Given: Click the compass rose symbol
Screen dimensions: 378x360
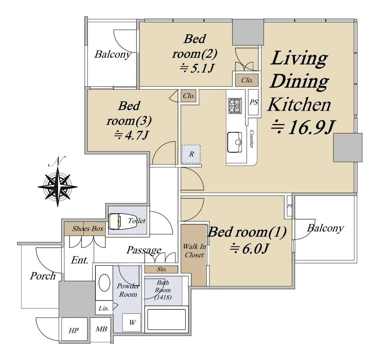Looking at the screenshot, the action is click(x=58, y=186).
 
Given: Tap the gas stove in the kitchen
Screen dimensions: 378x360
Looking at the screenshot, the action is click(x=235, y=106).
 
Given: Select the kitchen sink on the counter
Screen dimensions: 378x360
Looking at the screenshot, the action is click(x=235, y=142).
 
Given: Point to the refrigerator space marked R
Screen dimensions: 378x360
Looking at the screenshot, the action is click(x=191, y=154).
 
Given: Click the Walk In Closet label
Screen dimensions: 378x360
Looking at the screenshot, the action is click(x=194, y=251).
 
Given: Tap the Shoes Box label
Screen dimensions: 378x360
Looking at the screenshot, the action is click(x=88, y=228).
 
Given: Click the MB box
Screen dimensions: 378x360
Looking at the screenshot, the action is click(x=101, y=329).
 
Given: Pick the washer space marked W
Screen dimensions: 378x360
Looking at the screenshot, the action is click(x=131, y=322).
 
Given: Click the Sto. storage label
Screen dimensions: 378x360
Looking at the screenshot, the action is click(x=162, y=269).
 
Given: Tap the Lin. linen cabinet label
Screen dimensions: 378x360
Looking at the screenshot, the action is click(x=104, y=308).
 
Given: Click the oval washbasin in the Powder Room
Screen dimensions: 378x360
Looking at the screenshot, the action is click(x=104, y=283).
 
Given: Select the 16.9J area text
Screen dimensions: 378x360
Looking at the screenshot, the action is click(x=303, y=127).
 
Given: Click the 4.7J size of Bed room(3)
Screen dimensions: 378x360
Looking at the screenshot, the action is click(x=131, y=135).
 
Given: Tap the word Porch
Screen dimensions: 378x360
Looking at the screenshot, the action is click(x=43, y=276).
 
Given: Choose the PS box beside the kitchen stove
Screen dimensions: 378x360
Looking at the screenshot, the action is click(x=253, y=102).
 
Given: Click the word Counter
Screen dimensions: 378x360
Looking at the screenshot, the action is click(x=252, y=139).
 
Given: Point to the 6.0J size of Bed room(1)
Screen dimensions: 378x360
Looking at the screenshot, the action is click(x=249, y=249).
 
